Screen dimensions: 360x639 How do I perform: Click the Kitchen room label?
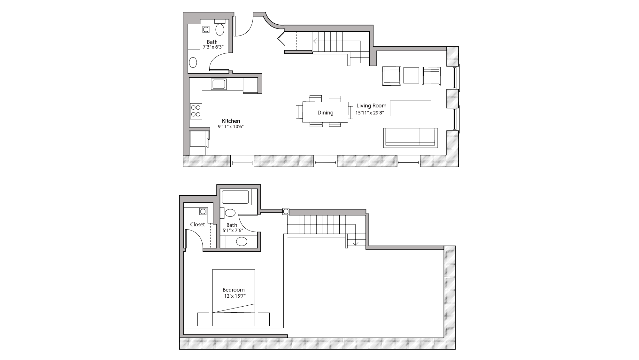(x=231, y=121)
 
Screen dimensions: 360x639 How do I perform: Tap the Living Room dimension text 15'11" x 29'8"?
(x=369, y=113)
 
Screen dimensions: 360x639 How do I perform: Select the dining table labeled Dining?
(x=325, y=112)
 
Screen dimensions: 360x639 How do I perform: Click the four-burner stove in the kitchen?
(x=196, y=111)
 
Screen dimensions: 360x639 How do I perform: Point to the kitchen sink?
(x=219, y=84)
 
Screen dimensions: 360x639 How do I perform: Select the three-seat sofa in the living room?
(x=411, y=137)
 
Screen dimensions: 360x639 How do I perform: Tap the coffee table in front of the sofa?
(x=411, y=108)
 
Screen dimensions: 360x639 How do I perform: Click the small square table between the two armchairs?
(x=411, y=75)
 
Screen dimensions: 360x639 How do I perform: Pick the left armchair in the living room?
(x=392, y=76)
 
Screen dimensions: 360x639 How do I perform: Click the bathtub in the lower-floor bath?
(x=235, y=197)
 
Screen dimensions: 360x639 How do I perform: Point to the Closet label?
(x=197, y=224)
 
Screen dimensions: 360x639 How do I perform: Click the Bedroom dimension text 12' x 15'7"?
(x=235, y=296)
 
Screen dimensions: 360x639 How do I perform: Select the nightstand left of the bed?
(x=203, y=319)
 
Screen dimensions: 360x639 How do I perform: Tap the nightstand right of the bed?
(x=264, y=319)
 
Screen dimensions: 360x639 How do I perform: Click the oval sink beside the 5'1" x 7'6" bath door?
(x=242, y=241)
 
